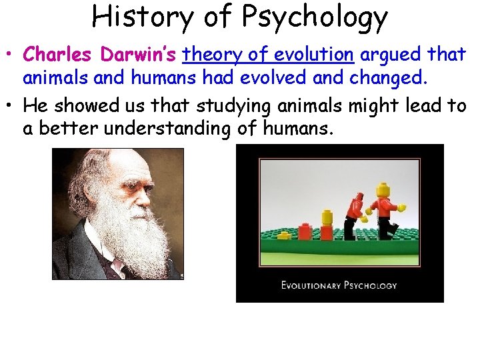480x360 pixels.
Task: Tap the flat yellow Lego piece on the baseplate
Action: coord(327,217)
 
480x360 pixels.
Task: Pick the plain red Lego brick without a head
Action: coord(305,231)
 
